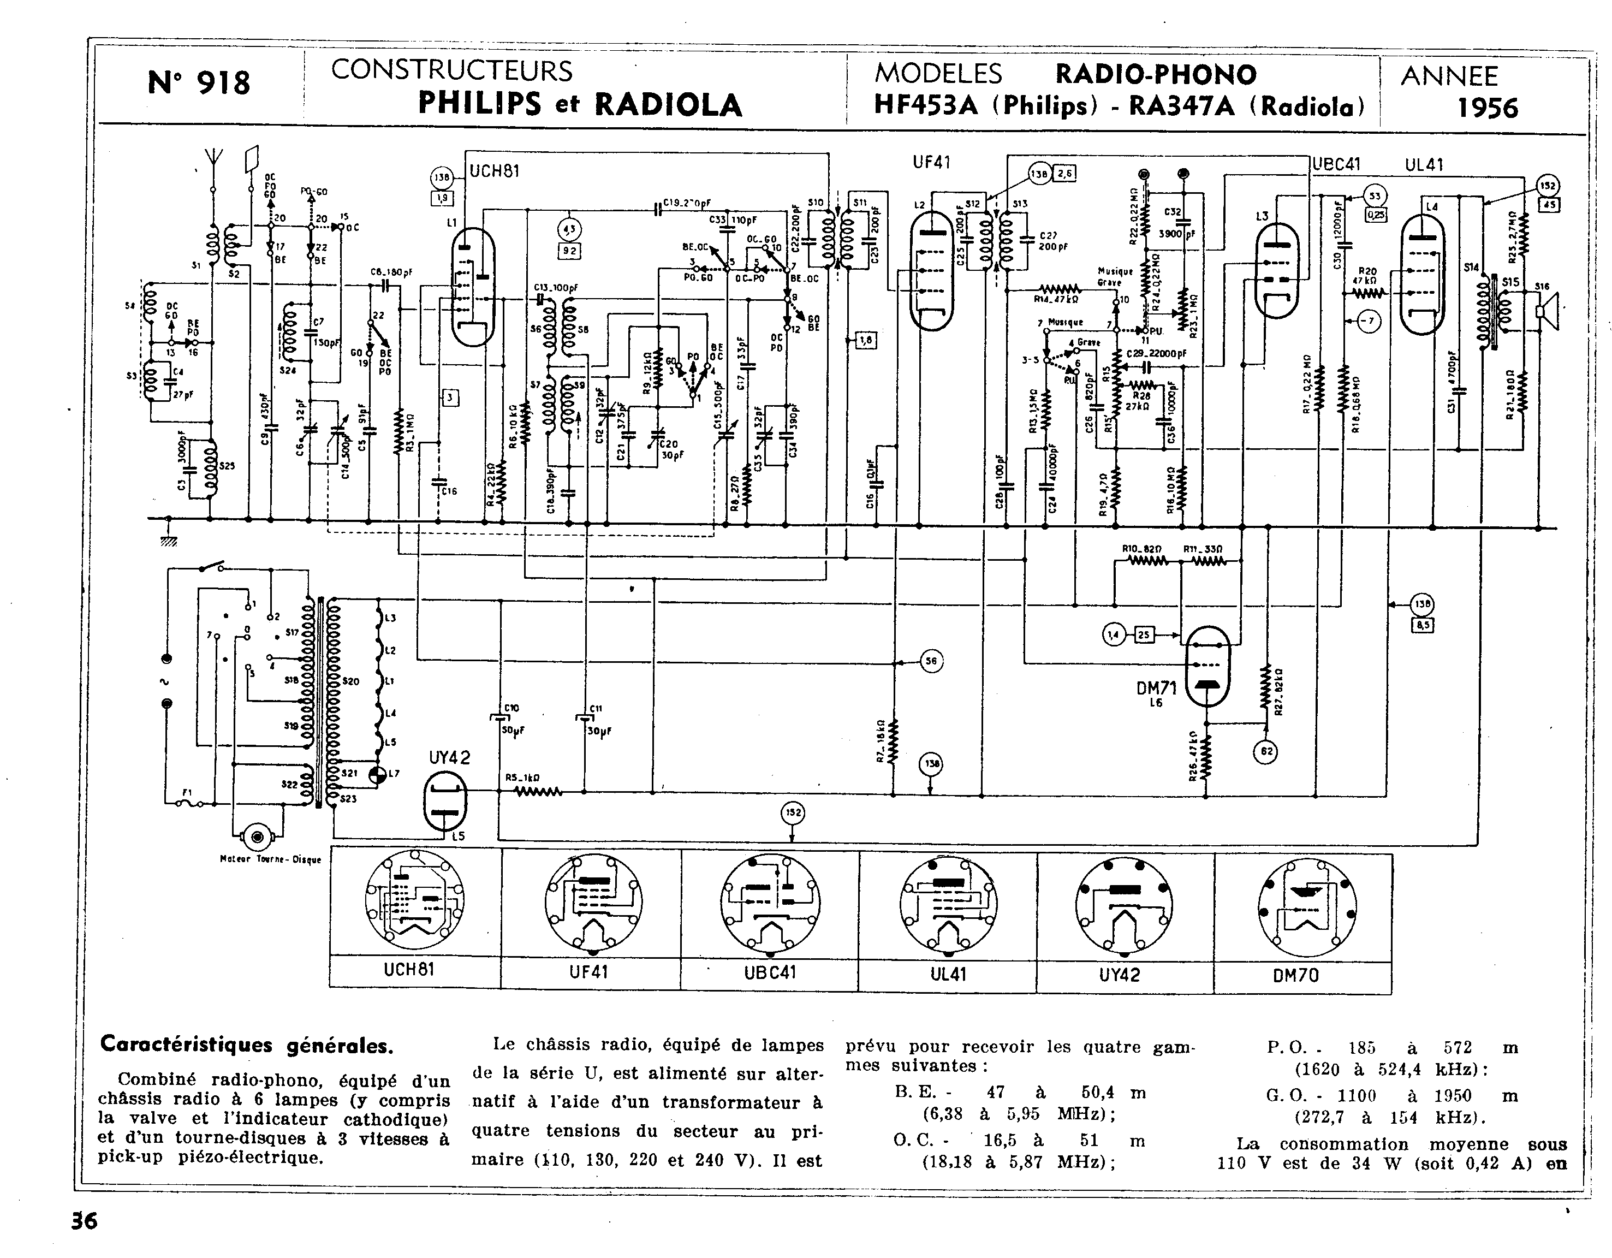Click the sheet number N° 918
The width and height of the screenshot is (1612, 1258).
coord(199,82)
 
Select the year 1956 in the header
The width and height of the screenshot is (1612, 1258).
coord(1487,108)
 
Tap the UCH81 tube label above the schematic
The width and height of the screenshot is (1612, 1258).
coord(495,170)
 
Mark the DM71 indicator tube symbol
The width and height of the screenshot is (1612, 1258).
coord(1207,667)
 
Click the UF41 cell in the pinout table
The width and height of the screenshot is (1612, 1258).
coord(589,972)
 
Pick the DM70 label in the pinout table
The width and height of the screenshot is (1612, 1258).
coord(1295,975)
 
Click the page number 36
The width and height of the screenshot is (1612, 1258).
coord(84,1220)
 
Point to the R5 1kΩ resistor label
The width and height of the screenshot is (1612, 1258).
coord(522,778)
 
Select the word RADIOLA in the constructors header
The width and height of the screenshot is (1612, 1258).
coord(668,104)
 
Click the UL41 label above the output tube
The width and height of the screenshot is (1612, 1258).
coord(1424,165)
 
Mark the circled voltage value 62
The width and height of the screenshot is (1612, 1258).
coord(1265,751)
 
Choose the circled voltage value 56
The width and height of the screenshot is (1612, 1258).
coord(931,661)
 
